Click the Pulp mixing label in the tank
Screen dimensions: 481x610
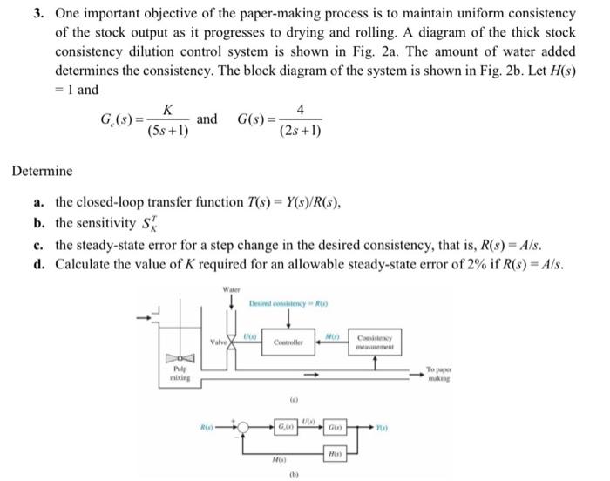(178, 379)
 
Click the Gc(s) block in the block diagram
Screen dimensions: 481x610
(284, 427)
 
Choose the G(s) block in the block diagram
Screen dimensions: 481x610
(335, 428)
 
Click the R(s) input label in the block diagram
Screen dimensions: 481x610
(207, 427)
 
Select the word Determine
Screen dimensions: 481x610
(43, 172)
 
